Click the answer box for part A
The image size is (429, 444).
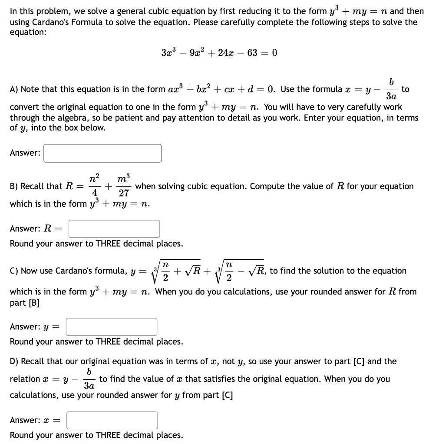[102, 153]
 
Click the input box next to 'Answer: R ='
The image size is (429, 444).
[114, 229]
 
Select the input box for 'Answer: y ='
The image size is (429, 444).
[111, 327]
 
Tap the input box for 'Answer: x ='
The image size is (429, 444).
[112, 420]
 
